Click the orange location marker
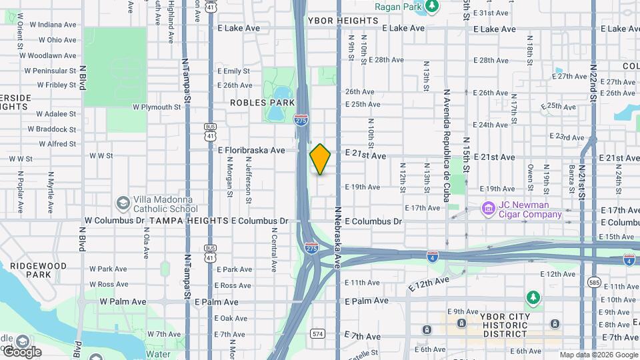tap(321, 159)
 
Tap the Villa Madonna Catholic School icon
tap(123, 202)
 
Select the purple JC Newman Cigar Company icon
tap(488, 209)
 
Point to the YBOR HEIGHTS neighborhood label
tap(343, 21)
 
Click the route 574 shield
tap(317, 333)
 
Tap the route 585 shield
tap(594, 283)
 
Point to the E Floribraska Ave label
tap(251, 151)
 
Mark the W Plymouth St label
tap(157, 107)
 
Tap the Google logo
tap(21, 351)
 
